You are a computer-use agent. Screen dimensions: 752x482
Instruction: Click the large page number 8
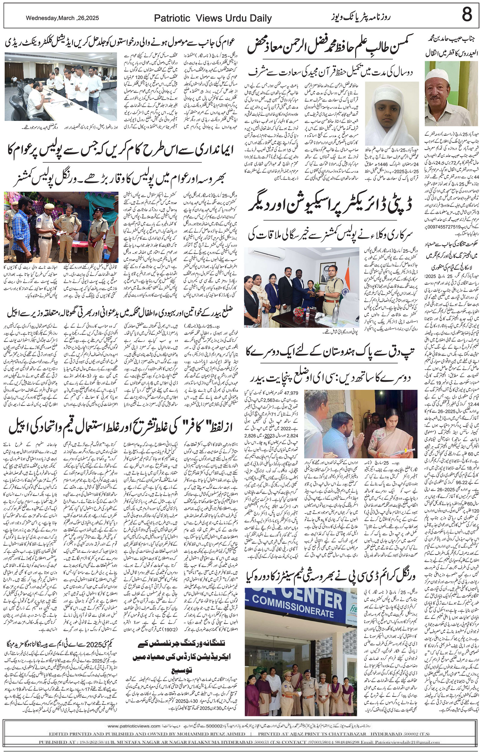pos(466,15)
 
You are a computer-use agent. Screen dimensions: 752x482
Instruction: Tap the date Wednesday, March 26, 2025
pos(62,18)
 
